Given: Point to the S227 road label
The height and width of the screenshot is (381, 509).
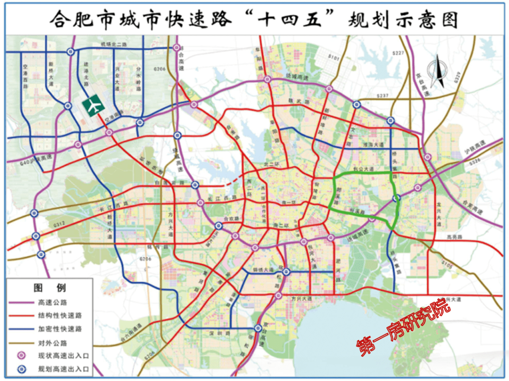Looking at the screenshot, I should coord(398,53).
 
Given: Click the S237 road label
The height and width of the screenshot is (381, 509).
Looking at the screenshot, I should coord(382,96).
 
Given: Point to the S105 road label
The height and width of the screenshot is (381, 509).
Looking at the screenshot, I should coord(447,266).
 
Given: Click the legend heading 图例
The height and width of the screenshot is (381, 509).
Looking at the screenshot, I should coord(49,288).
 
